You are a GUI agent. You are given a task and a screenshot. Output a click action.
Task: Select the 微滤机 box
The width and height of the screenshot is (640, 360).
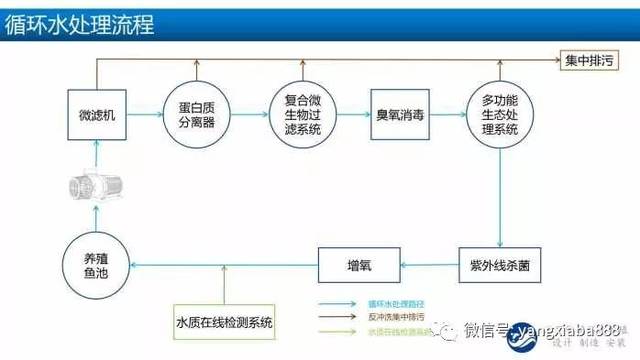(x=97, y=115)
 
